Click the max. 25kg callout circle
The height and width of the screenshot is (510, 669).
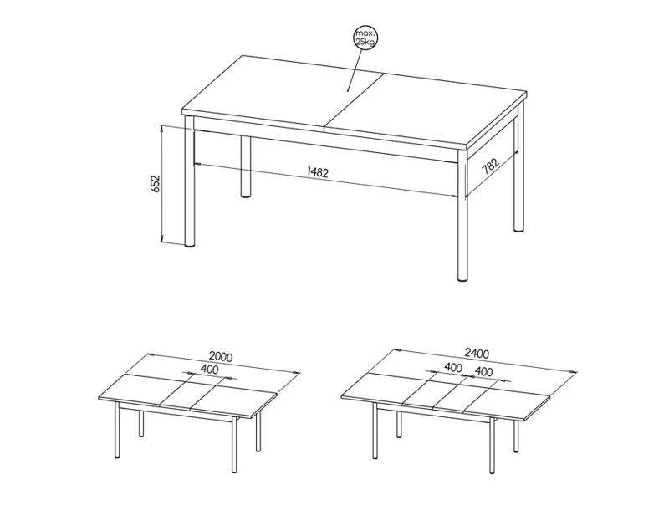pos(366,38)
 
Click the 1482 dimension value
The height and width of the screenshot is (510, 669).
pos(318,172)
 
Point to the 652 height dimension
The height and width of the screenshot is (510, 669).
pos(156,183)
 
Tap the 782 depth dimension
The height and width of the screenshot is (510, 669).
pos(490,166)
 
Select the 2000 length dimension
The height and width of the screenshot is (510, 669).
pos(221,356)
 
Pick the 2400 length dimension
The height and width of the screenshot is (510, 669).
pos(477,354)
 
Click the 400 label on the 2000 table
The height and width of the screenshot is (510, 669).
pos(209,370)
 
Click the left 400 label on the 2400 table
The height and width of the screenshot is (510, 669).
pos(453,367)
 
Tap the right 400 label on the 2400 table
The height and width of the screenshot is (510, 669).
pos(483,372)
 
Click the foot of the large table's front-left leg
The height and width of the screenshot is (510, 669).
pos(190,245)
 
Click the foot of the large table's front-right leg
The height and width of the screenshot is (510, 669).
pos(462,279)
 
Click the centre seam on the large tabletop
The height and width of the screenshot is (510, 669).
pos(353,100)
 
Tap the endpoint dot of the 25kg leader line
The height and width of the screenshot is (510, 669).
pos(348,91)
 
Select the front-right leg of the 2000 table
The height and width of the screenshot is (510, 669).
pos(234,445)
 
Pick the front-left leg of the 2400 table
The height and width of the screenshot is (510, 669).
pos(375,431)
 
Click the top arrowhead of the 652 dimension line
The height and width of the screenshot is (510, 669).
pos(161,129)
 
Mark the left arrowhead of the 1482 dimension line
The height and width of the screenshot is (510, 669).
pos(197,162)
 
